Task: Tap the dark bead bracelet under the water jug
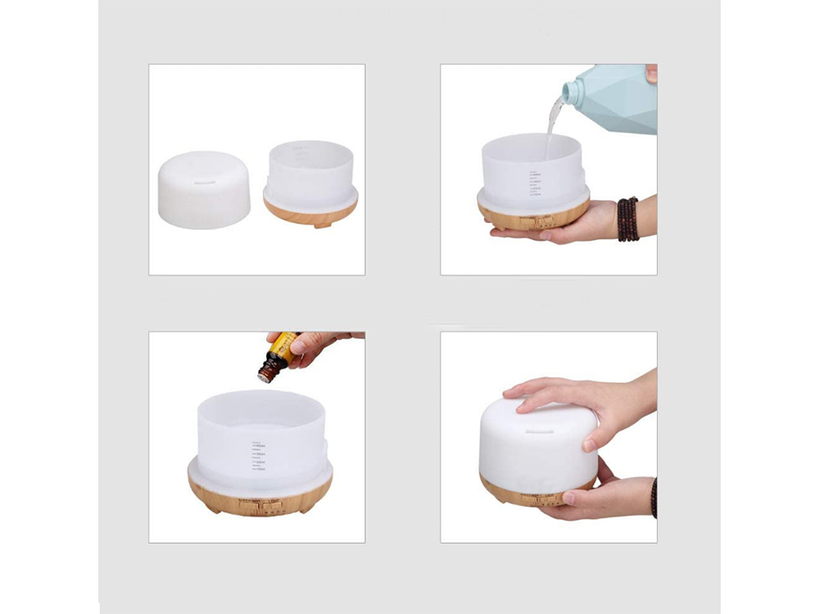(x=627, y=219)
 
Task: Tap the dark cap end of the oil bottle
(x=265, y=375)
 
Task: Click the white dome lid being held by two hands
(x=532, y=446)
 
